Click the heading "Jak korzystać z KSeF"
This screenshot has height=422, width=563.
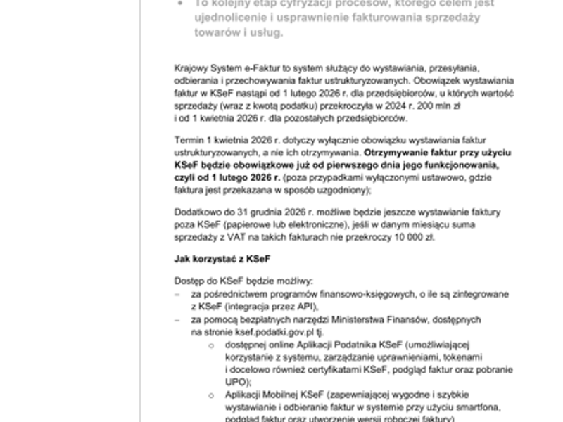[212, 259]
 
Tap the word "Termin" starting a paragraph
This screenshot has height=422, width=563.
[189, 141]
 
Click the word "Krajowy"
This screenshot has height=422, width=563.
[191, 68]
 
